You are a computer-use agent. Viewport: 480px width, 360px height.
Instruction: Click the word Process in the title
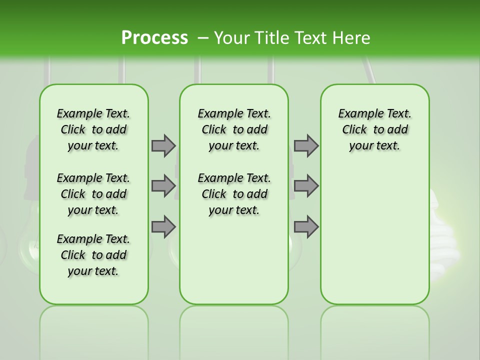[154, 38]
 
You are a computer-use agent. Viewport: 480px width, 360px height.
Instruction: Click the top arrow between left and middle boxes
[163, 145]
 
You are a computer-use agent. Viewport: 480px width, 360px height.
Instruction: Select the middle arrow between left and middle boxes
[163, 186]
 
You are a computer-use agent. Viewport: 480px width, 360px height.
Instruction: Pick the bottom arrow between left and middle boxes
[163, 227]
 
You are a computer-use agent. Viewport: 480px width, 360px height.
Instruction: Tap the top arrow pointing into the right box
[306, 145]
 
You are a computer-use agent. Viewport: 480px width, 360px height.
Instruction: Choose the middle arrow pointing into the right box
[306, 186]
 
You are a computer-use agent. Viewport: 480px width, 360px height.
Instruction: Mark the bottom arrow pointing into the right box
[306, 227]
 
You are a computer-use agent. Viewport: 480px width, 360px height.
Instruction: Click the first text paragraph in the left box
[93, 129]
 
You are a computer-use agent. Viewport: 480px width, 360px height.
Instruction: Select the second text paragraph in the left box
[93, 194]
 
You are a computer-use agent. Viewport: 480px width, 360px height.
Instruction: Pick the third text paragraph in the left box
[93, 255]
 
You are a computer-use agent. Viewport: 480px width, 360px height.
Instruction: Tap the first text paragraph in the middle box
[234, 129]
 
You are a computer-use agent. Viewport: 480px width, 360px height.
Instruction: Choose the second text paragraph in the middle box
[234, 194]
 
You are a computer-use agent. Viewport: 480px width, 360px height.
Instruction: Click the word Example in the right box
[357, 114]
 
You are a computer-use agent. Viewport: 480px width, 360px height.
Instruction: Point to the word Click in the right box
[354, 130]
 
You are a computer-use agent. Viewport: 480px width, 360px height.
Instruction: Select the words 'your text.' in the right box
[374, 146]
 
